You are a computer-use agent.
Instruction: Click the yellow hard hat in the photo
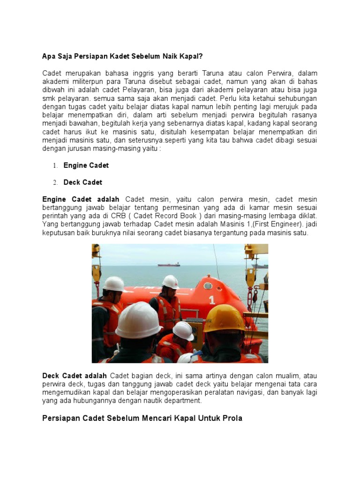click(x=225, y=318)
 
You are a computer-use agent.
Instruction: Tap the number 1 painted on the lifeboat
click(x=212, y=300)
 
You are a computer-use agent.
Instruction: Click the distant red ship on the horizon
click(x=169, y=264)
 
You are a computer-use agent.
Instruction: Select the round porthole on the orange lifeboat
click(x=208, y=285)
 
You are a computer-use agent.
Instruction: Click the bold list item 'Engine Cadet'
click(x=86, y=165)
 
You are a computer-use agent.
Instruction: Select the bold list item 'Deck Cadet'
click(x=83, y=182)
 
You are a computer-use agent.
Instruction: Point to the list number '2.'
click(x=55, y=182)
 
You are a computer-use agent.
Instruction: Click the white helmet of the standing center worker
click(x=170, y=281)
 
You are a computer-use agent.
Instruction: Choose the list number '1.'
click(x=55, y=165)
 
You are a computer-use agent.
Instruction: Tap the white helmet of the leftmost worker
click(x=113, y=284)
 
